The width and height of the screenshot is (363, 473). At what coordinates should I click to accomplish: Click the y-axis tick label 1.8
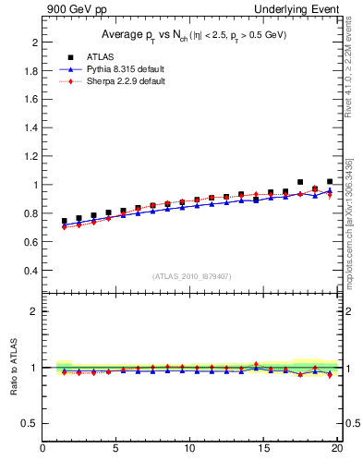point(30,71)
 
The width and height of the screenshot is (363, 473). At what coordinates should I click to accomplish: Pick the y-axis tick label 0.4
point(30,271)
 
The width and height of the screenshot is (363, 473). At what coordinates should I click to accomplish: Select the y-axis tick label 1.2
point(30,157)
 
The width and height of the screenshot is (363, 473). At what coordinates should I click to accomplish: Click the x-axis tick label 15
point(265,450)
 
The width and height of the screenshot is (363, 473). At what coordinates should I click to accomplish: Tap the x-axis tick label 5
point(116,450)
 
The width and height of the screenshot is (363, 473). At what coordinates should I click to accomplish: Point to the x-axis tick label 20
point(338,450)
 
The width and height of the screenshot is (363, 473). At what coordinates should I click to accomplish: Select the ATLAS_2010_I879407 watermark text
point(191,276)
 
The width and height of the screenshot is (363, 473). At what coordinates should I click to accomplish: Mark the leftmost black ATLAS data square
point(64,222)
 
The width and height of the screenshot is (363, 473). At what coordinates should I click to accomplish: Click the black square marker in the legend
point(64,56)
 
